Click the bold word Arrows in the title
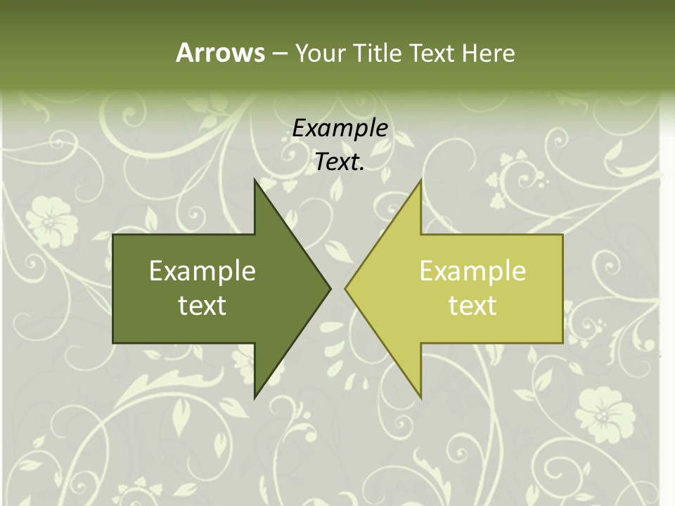tap(219, 53)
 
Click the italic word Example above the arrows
tap(340, 129)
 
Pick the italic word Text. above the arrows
tap(340, 162)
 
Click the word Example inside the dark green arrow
tap(202, 271)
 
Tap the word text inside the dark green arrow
tap(202, 306)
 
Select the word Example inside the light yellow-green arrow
tap(472, 271)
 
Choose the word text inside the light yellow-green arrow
tap(472, 306)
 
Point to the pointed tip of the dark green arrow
tap(330, 288)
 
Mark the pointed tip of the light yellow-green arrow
tap(345, 288)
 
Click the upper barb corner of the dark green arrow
tap(255, 180)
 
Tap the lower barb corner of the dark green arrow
tap(255, 398)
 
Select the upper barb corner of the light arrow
tap(420, 180)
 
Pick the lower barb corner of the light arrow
tap(420, 398)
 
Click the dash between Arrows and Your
tap(279, 53)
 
